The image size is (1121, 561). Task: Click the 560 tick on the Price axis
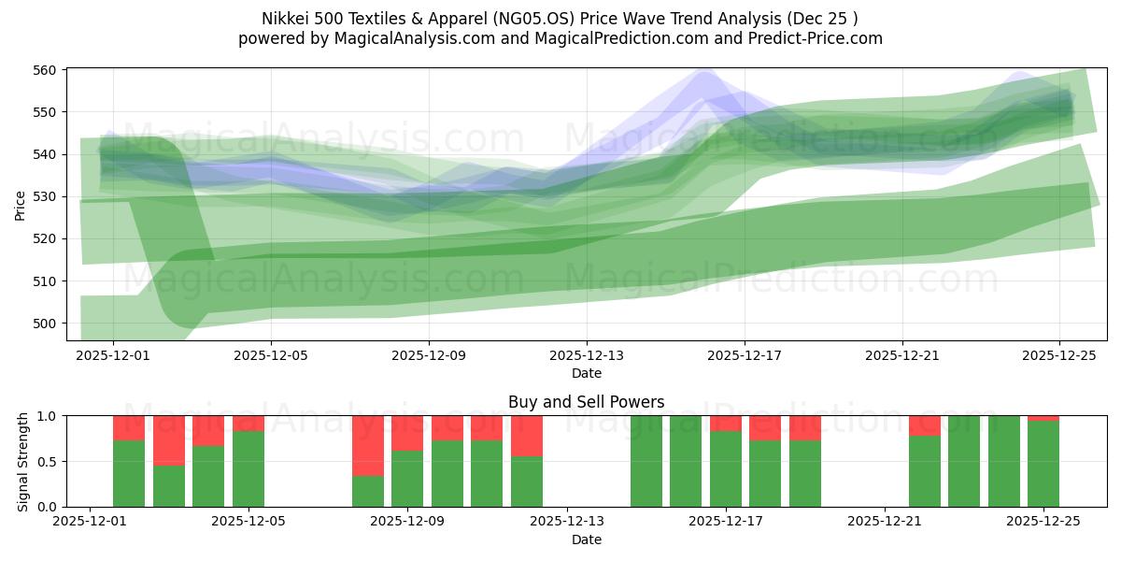pos(47,70)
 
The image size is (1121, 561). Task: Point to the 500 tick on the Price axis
pos(47,324)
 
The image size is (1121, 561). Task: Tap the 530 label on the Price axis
pos(47,196)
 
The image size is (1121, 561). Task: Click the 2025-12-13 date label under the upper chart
pos(587,355)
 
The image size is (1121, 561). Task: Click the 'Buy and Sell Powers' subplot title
pos(586,402)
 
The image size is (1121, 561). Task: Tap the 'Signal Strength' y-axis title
pos(23,461)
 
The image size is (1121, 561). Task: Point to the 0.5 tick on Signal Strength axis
pos(47,462)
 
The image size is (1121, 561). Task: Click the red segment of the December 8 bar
pos(368,445)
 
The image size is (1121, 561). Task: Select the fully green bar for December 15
pos(646,461)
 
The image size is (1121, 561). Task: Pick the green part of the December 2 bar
pos(129,473)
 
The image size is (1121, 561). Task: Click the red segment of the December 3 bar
pos(169,440)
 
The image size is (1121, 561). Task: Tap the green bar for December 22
pos(924,471)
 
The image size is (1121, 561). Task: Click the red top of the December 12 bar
pos(527,436)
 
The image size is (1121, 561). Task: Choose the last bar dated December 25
pos(1043,464)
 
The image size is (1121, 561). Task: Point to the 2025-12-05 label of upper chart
pos(271,355)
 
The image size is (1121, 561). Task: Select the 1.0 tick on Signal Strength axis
pos(47,416)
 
